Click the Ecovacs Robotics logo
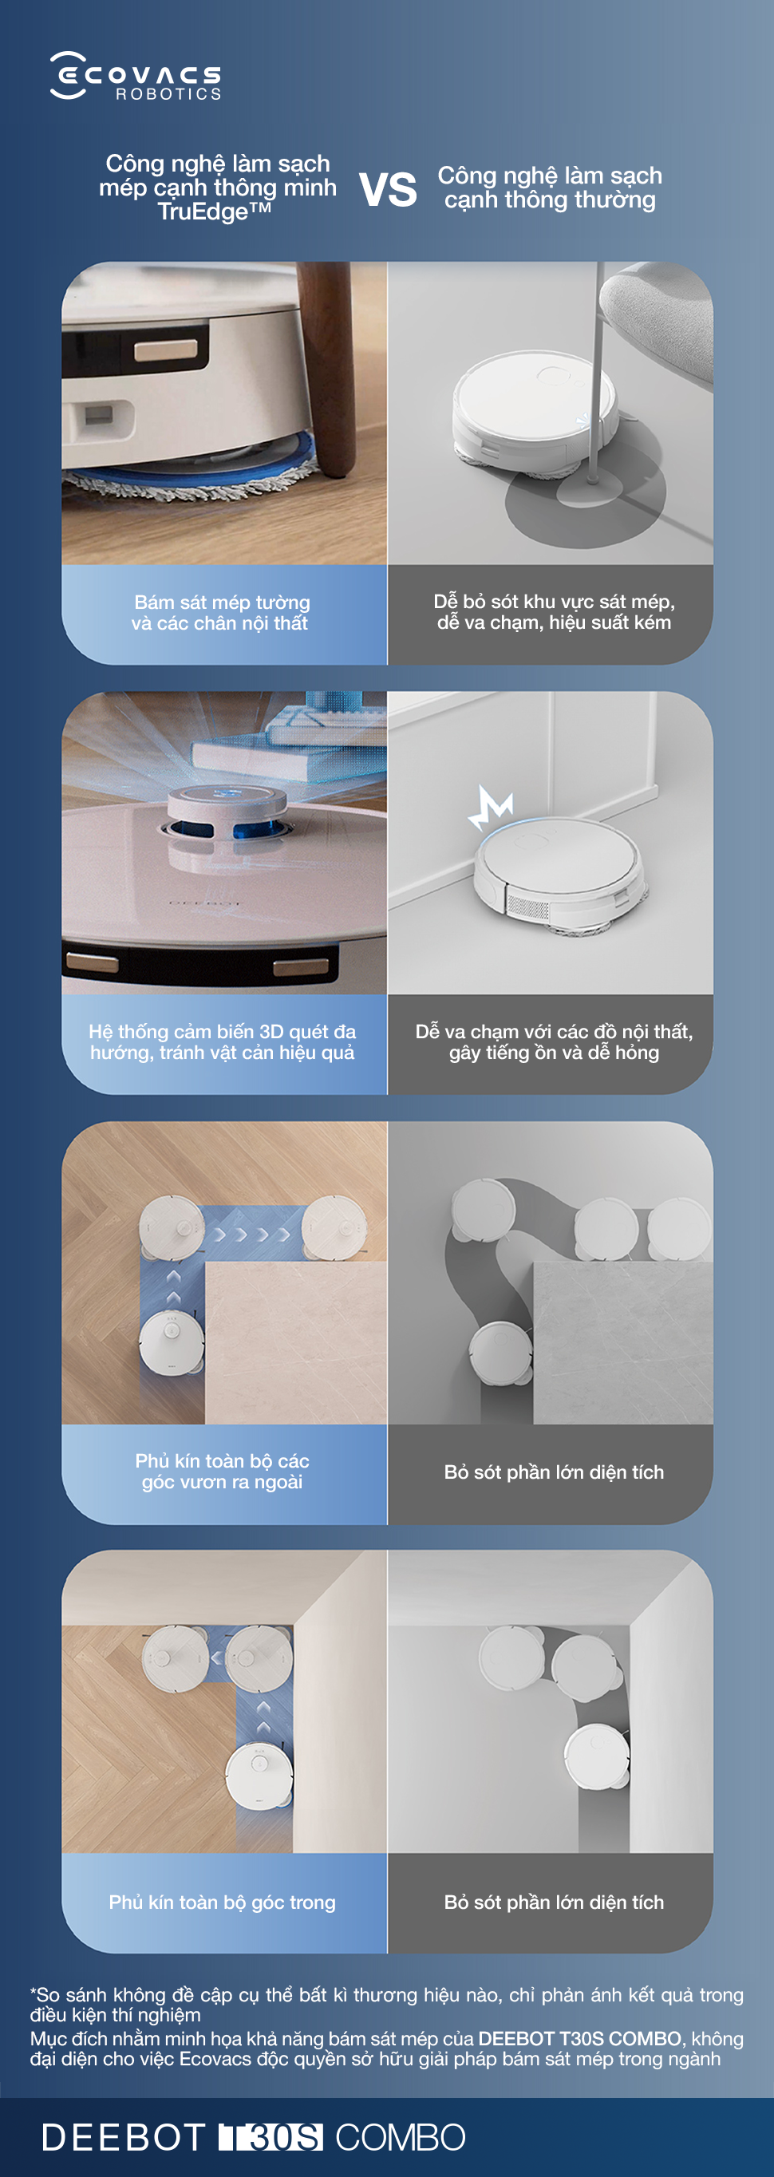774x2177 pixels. point(136,76)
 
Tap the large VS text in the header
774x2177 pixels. point(388,189)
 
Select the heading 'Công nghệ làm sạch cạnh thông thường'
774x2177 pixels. point(550,188)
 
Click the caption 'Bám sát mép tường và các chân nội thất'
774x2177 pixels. point(221,613)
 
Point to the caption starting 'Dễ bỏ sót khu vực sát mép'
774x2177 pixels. point(555,612)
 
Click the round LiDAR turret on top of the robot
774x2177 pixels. point(226,813)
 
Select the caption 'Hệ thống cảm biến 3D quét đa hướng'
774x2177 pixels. point(223,1042)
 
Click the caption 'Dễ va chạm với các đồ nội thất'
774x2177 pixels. point(555,1042)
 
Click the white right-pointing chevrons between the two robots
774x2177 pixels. point(253,1235)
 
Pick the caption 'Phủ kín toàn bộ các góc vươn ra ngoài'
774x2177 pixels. point(223,1472)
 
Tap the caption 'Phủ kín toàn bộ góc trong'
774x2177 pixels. point(223,1902)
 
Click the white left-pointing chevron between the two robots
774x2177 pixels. point(216,1657)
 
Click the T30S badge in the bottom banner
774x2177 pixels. point(271,2137)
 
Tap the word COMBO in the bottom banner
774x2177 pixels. point(401,2137)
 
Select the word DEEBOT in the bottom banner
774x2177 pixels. point(124,2137)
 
